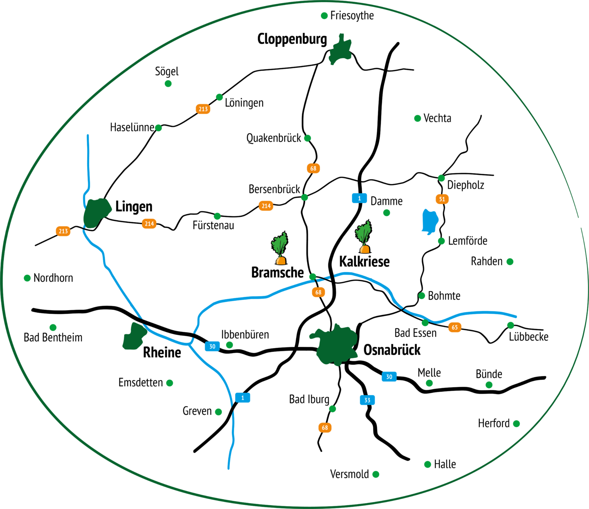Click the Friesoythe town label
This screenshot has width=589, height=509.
(x=352, y=16)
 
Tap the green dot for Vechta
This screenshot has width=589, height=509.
(x=418, y=118)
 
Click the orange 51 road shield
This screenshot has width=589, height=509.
(x=442, y=199)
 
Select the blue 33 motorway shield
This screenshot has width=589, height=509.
(x=367, y=400)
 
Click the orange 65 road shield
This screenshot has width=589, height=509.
(x=455, y=327)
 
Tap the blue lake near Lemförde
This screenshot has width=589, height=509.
(x=430, y=221)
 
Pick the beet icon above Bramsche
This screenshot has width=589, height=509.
(x=280, y=248)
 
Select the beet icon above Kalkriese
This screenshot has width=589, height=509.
(x=364, y=236)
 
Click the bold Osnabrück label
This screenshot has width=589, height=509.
(x=392, y=350)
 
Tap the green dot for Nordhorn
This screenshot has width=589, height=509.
(x=27, y=278)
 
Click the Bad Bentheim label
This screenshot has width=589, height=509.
(x=53, y=338)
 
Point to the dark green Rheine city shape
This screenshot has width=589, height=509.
(x=134, y=336)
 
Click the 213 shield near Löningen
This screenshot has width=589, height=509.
(x=203, y=109)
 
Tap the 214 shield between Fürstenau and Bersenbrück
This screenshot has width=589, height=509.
(x=266, y=206)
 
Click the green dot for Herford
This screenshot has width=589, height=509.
(x=516, y=424)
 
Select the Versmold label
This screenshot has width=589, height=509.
(x=349, y=474)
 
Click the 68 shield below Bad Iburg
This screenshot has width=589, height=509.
(x=325, y=428)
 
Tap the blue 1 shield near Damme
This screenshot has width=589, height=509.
(x=359, y=198)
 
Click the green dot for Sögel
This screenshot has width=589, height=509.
(x=168, y=83)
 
